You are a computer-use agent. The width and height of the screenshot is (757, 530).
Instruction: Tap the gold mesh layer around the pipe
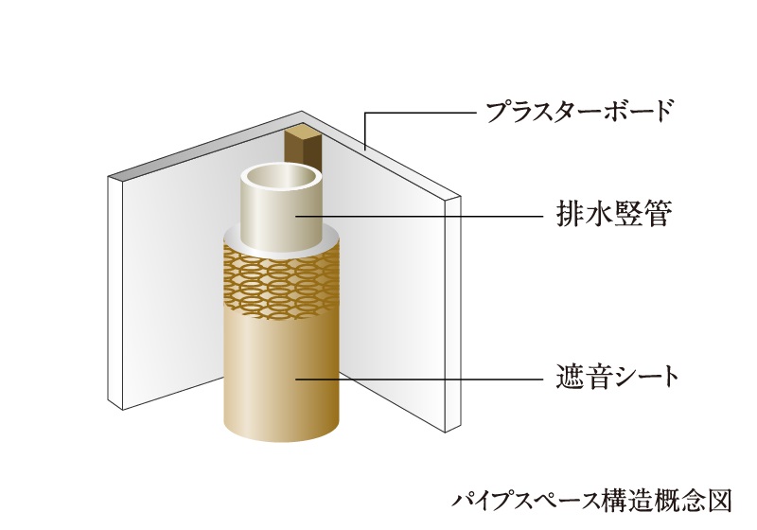[281, 279]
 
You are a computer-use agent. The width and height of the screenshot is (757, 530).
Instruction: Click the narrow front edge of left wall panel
[117, 293]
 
